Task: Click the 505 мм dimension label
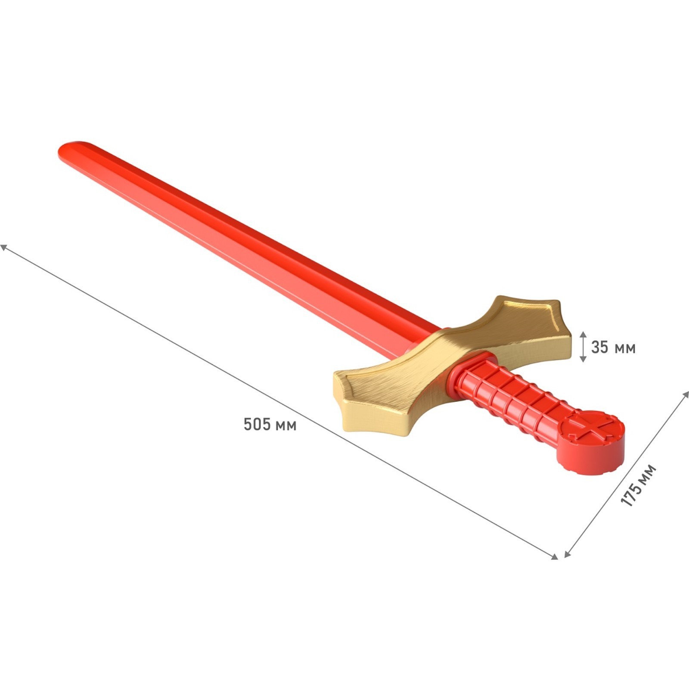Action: point(270,424)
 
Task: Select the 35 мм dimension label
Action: point(613,347)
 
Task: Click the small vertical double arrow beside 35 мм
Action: point(583,347)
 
